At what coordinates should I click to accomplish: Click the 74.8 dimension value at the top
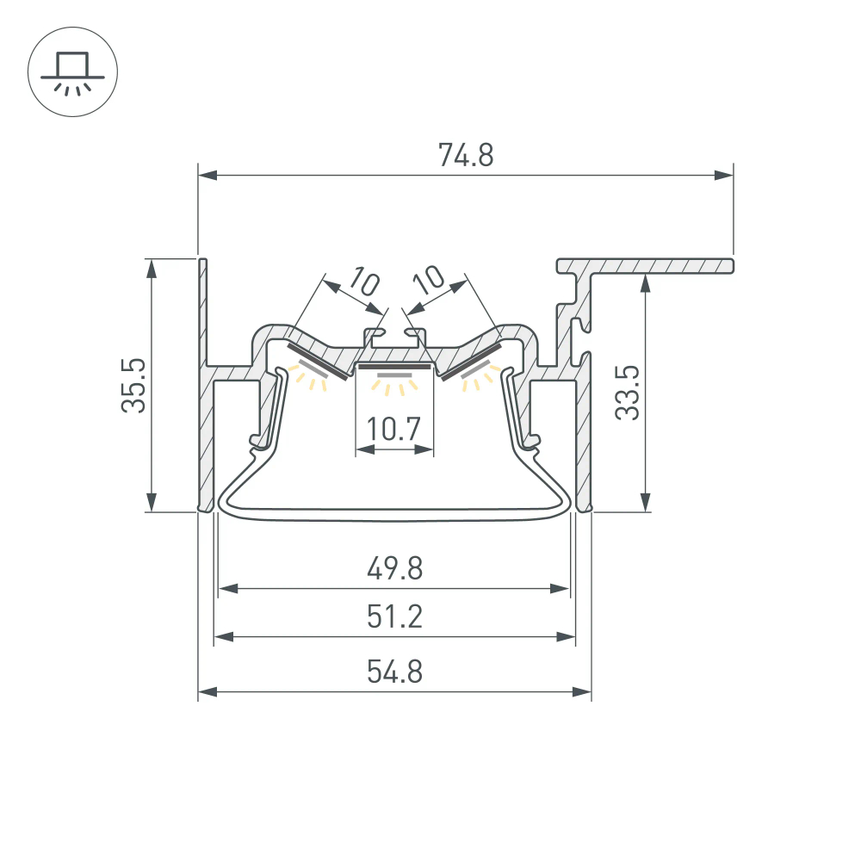(x=465, y=156)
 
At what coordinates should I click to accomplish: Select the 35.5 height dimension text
(x=133, y=387)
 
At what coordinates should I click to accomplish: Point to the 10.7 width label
(x=394, y=428)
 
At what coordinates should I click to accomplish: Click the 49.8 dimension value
(x=394, y=568)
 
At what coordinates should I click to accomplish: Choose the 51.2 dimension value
(x=394, y=616)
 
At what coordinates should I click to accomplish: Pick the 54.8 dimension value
(x=394, y=671)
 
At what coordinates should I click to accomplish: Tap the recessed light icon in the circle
(x=72, y=72)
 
